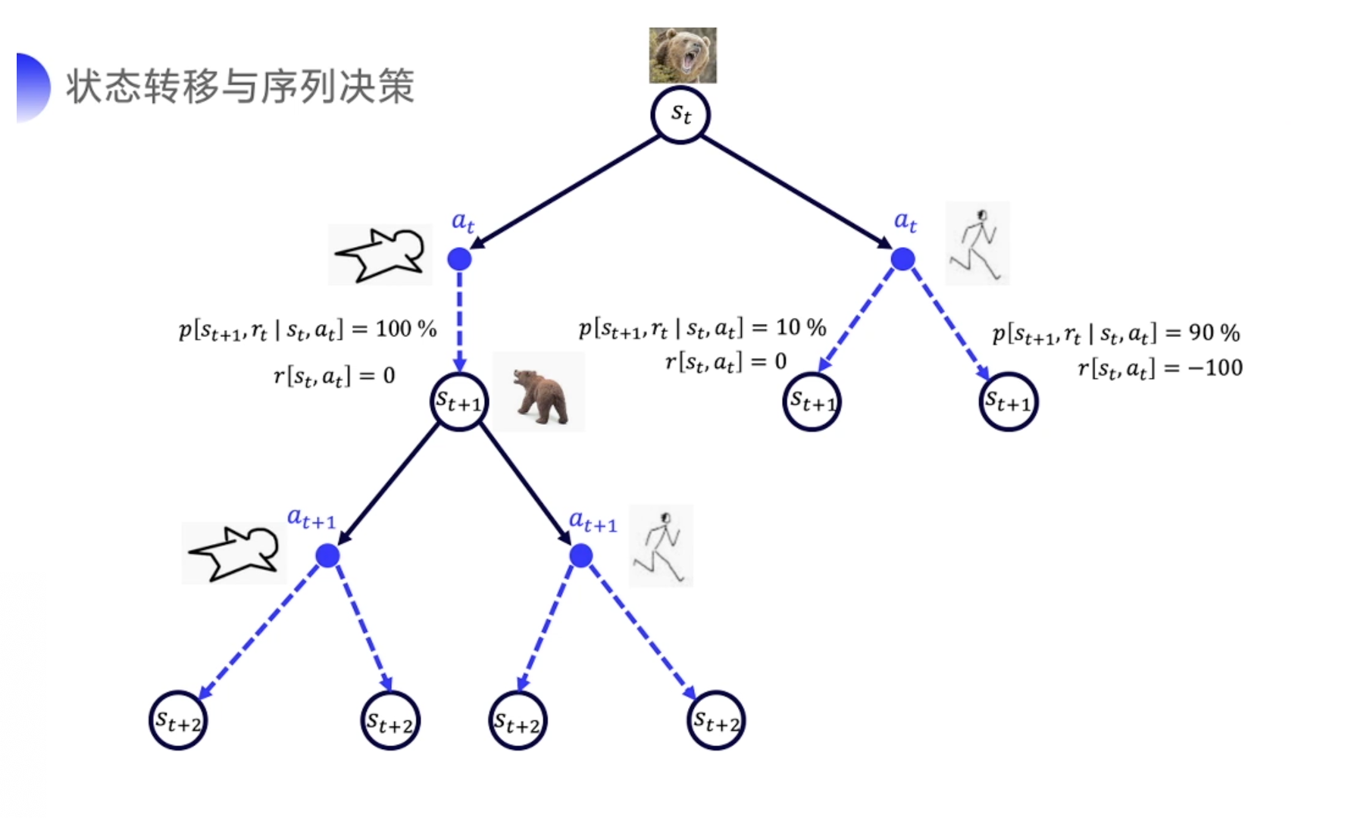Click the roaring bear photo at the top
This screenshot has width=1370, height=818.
[682, 55]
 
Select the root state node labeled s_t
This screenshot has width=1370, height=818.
[680, 115]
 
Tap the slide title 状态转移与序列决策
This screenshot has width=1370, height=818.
[240, 86]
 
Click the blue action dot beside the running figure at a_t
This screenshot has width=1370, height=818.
[902, 259]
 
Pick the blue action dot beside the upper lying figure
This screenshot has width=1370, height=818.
[459, 259]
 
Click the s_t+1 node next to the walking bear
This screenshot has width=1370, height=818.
[459, 401]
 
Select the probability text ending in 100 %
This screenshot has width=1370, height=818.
[308, 329]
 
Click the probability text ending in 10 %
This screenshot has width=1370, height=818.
[702, 328]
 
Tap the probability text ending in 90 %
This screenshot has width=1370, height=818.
[1115, 333]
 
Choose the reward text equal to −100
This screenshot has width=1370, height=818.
[1159, 369]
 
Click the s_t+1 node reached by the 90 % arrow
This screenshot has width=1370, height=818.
[1008, 402]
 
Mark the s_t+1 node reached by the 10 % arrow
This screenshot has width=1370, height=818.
[812, 401]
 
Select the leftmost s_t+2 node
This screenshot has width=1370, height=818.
[178, 721]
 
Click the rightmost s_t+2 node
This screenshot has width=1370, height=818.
[716, 721]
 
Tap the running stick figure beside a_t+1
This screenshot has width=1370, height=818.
[661, 546]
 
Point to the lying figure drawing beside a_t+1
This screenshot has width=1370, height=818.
[233, 552]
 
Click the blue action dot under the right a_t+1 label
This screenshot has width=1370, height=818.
[581, 556]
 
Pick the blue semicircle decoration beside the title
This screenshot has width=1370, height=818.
[32, 87]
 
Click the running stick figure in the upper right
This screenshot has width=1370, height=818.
[977, 244]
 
